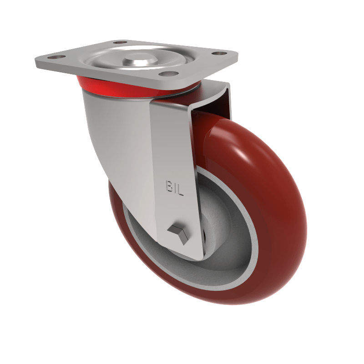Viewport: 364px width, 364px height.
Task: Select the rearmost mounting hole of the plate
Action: point(120,42)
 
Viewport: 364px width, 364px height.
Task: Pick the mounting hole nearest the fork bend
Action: point(169,73)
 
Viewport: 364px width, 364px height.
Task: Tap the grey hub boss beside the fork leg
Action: point(214,214)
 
